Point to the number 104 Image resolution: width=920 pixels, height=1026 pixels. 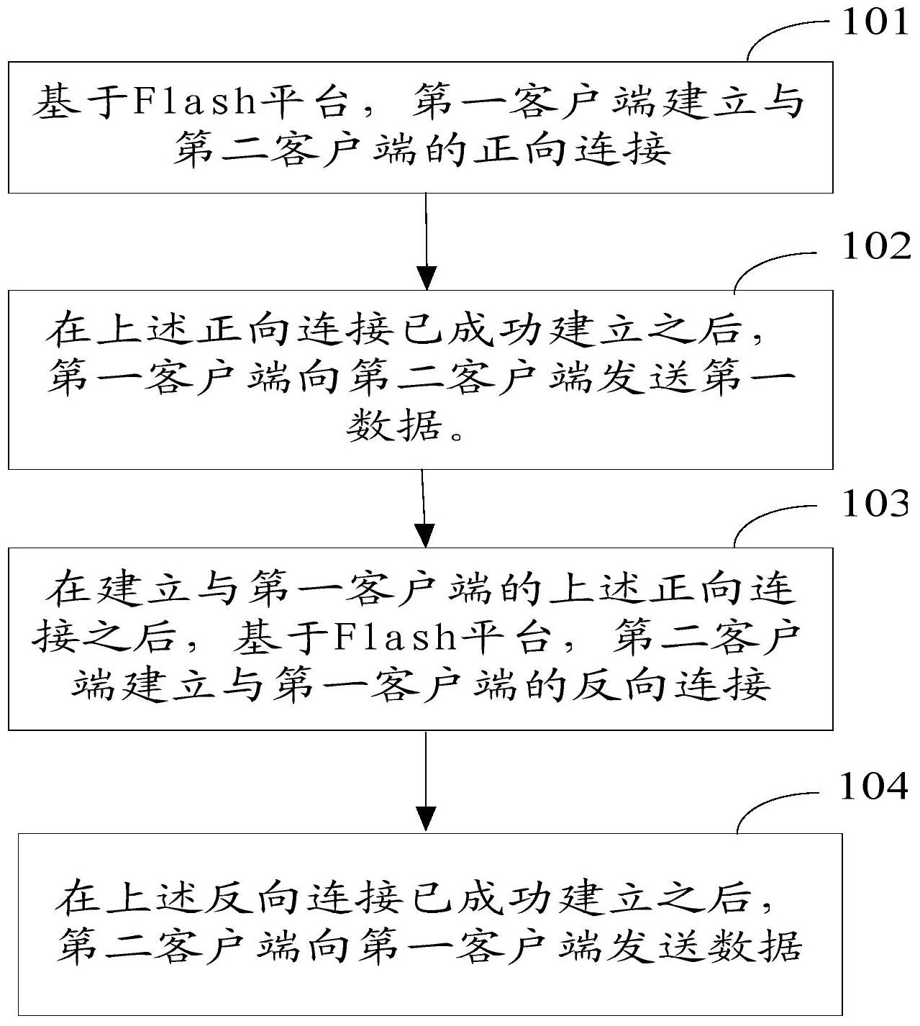874,786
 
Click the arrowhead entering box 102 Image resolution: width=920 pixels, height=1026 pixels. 427,278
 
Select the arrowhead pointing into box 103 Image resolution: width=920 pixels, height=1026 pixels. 425,535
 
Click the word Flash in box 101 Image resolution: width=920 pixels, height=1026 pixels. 196,101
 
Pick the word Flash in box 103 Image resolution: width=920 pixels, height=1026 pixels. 396,637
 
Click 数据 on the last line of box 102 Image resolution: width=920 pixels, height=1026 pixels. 395,425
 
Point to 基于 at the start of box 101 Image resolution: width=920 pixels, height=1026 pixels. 80,101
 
